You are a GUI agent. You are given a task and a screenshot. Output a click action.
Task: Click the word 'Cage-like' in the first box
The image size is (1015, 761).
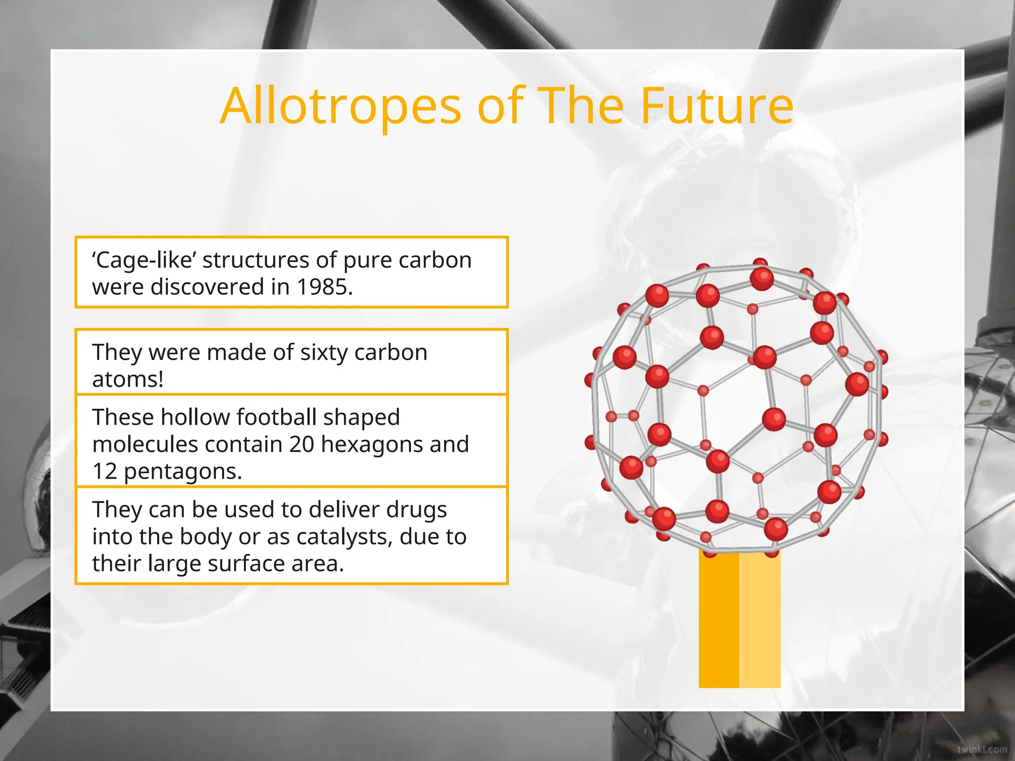point(144,260)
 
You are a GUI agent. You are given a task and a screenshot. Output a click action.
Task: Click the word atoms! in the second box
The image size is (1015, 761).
point(128,380)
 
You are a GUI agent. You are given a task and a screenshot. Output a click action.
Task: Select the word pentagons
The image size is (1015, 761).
point(182,472)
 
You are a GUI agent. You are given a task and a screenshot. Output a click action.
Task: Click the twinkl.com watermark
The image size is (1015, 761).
point(982,749)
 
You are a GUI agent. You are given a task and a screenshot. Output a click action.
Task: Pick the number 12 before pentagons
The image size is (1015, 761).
point(104,472)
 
